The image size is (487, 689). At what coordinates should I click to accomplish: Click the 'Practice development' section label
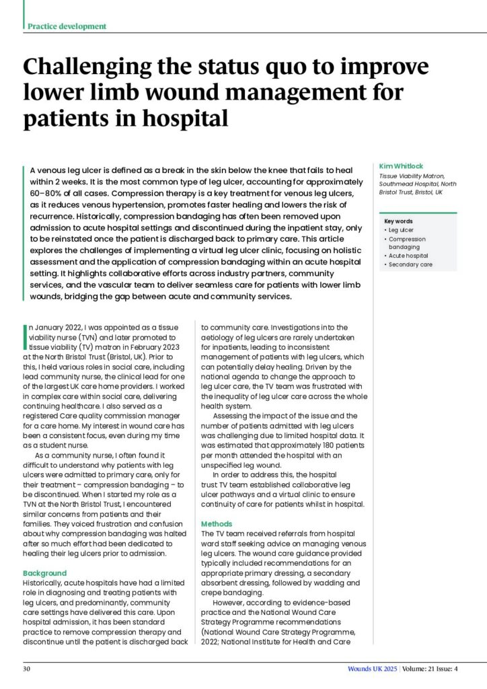tap(67, 26)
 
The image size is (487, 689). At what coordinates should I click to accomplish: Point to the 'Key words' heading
tap(398, 221)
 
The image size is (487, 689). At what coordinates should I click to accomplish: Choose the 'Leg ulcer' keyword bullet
tap(401, 230)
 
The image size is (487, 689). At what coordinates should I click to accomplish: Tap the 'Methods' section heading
tap(217, 523)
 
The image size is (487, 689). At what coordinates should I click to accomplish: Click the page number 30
tap(27, 669)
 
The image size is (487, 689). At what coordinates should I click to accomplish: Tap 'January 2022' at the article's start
tap(55, 328)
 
